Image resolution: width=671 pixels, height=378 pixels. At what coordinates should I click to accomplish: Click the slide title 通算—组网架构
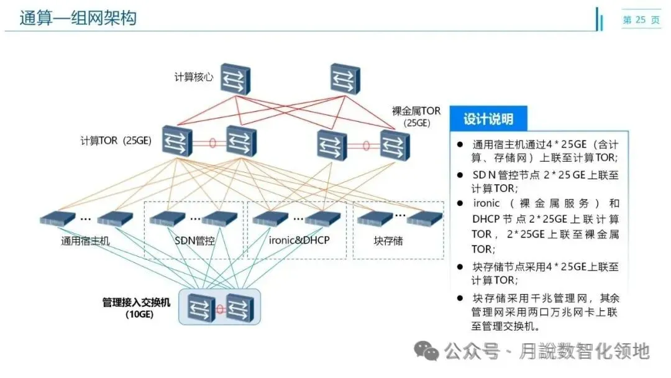[x=78, y=18]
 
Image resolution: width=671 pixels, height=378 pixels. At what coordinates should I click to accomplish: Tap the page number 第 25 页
[x=642, y=20]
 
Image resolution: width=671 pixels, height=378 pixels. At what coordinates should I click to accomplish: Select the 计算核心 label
[x=194, y=78]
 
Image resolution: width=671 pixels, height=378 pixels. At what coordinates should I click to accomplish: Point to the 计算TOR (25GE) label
[x=116, y=141]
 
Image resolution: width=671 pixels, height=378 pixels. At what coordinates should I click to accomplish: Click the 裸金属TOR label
[x=416, y=111]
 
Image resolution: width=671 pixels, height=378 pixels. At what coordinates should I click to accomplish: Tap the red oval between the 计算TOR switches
[x=212, y=142]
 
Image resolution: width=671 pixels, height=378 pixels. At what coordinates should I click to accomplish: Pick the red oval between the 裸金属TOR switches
[x=366, y=146]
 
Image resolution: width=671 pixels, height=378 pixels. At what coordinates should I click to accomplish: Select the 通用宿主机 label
[x=85, y=241]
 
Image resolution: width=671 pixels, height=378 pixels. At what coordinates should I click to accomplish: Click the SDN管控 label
[x=194, y=241]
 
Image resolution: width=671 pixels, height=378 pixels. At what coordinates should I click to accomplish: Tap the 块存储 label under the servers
[x=388, y=241]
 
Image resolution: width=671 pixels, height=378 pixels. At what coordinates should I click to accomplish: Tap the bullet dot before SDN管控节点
[x=460, y=175]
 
